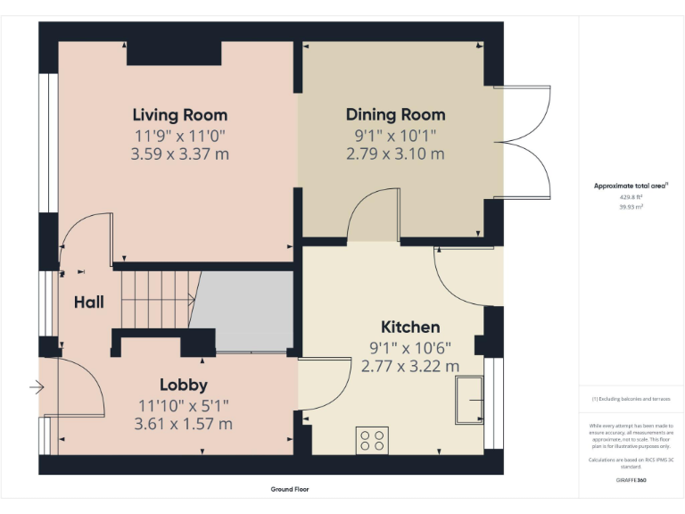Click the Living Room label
tap(179, 115)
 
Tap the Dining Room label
tap(395, 115)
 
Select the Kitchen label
tap(410, 327)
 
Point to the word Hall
tap(88, 303)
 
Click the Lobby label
tap(184, 385)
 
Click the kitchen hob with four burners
tap(373, 439)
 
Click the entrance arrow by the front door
tap(36, 387)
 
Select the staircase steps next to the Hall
tap(157, 300)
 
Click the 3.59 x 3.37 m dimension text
tap(179, 153)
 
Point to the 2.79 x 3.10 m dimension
tap(395, 153)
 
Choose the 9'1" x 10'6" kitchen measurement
tap(410, 347)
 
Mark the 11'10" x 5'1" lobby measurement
tap(184, 405)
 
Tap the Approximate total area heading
tap(631, 186)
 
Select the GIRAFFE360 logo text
tap(631, 480)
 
